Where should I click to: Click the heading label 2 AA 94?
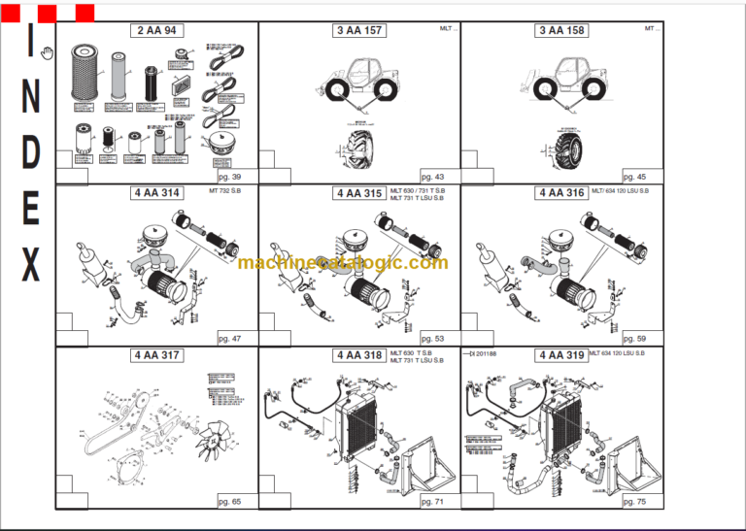tap(156, 31)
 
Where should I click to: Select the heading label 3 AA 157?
tap(359, 31)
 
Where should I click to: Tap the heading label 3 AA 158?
tap(562, 31)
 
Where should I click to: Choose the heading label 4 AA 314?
tap(156, 193)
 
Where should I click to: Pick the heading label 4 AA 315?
tap(359, 193)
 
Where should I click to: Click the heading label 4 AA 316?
tap(562, 193)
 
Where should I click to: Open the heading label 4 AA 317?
tap(156, 355)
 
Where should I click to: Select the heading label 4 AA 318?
tap(359, 355)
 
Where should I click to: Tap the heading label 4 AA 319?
tap(562, 355)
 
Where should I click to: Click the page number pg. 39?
tap(230, 177)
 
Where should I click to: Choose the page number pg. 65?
tap(230, 501)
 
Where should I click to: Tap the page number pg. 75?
tap(635, 501)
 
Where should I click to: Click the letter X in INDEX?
tap(31, 264)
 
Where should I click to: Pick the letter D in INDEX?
tap(31, 152)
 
